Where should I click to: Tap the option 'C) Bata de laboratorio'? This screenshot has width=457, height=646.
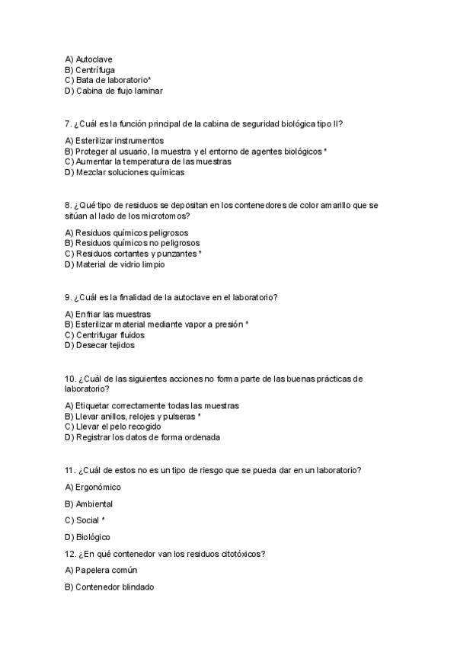tap(107, 80)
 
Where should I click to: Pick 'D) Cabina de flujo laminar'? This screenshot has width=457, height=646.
tap(113, 91)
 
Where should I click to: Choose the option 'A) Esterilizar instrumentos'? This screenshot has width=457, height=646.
tap(114, 141)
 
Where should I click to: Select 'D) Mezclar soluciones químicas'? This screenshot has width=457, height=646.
tap(124, 172)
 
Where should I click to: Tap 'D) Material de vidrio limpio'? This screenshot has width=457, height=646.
tap(114, 264)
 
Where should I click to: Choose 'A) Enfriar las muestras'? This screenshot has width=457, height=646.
tap(107, 314)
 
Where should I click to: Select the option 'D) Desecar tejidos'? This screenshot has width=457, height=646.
tap(99, 345)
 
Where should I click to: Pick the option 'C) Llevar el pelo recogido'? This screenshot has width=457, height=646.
tap(113, 427)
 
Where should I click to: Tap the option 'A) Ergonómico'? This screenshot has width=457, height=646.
tap(93, 487)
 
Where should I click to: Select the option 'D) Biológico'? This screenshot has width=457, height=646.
tap(88, 537)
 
